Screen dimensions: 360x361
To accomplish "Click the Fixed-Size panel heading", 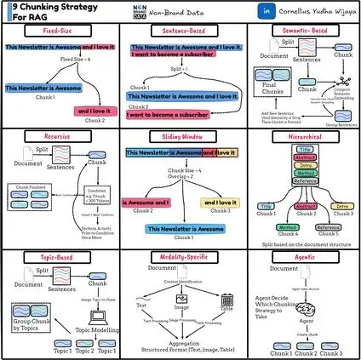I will click(60, 30).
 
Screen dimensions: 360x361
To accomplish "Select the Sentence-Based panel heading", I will click(180, 30).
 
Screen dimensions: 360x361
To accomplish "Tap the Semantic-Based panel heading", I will click(300, 30).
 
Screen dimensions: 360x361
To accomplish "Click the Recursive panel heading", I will click(60, 135).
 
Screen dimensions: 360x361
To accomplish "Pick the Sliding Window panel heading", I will click(180, 135).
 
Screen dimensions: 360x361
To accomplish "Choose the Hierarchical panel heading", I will click(300, 135).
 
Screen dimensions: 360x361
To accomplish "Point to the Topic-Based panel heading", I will click(60, 256).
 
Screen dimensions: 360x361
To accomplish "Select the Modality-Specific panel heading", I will click(180, 256).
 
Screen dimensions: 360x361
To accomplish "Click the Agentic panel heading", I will click(300, 256).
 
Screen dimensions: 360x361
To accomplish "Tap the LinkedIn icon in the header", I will click(244, 10).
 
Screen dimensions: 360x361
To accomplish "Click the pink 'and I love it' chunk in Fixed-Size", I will click(96, 111).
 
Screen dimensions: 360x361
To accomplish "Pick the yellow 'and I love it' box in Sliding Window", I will click(219, 202).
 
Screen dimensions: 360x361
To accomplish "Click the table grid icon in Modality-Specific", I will click(226, 299).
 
